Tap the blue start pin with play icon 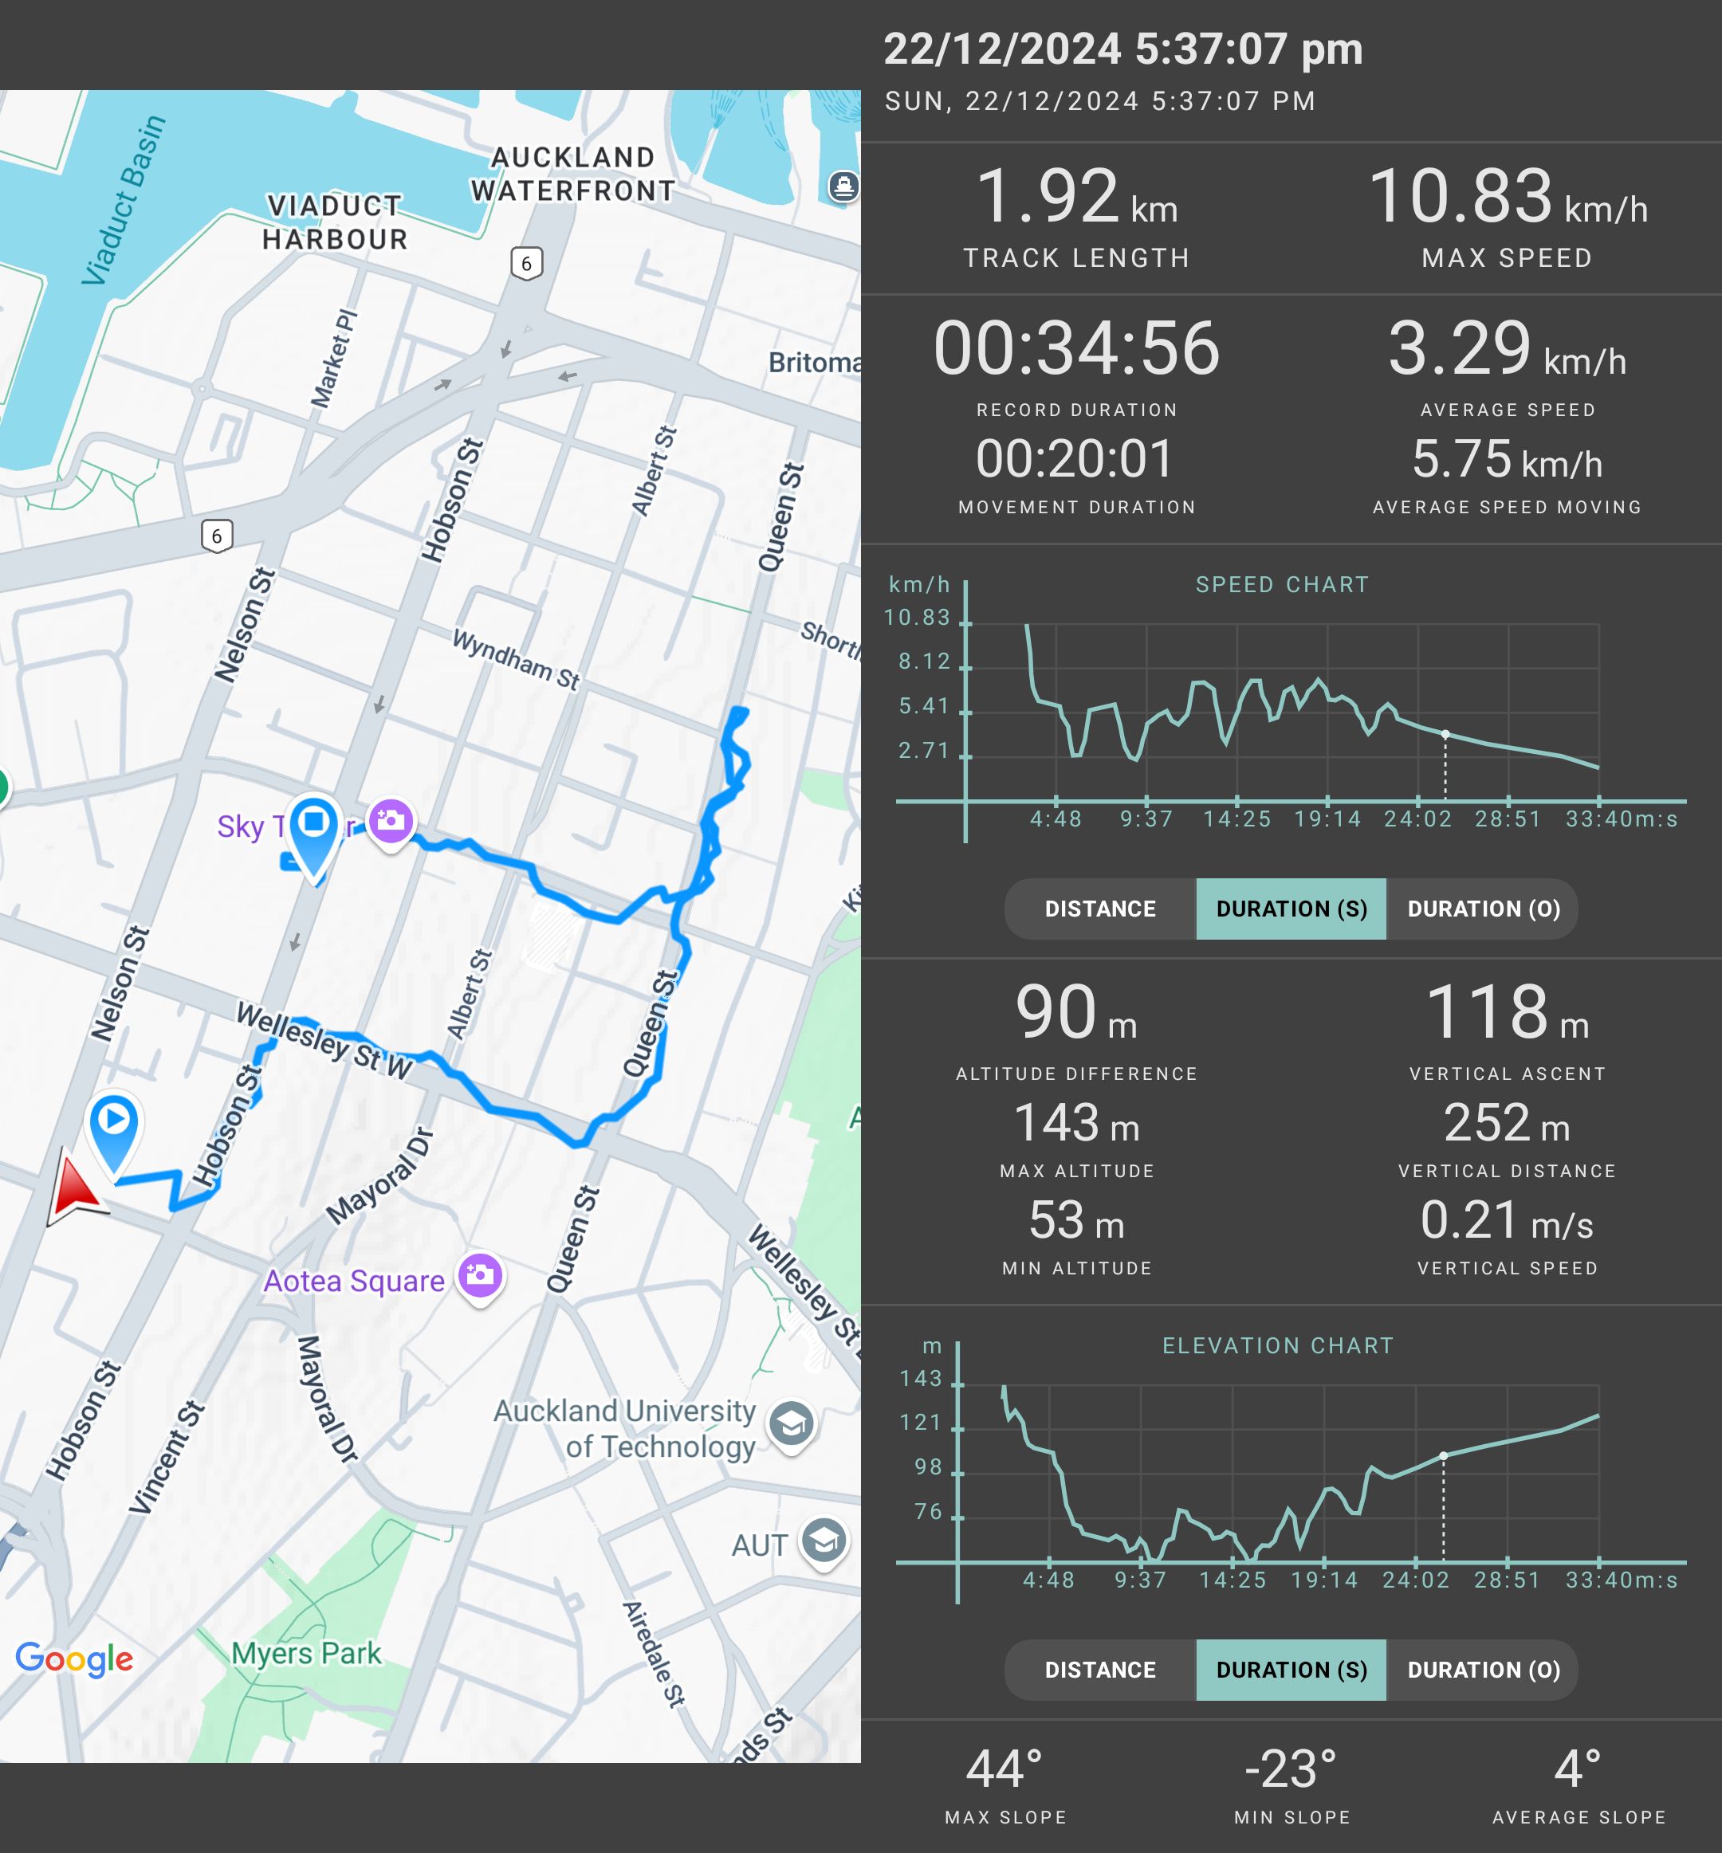pyautogui.click(x=114, y=1124)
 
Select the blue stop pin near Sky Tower pyautogui.click(x=314, y=825)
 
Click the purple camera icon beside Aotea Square pyautogui.click(x=481, y=1274)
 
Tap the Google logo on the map pyautogui.click(x=75, y=1659)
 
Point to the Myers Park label pyautogui.click(x=307, y=1653)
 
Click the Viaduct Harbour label pyautogui.click(x=335, y=222)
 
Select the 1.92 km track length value pyautogui.click(x=1076, y=198)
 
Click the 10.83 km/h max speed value pyautogui.click(x=1507, y=198)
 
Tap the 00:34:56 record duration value pyautogui.click(x=1076, y=348)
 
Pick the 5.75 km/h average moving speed pyautogui.click(x=1507, y=459)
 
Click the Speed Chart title pyautogui.click(x=1282, y=584)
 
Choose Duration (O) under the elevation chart pyautogui.click(x=1483, y=1670)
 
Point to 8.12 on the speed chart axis pyautogui.click(x=923, y=662)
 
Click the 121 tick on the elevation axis pyautogui.click(x=921, y=1422)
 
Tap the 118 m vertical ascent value pyautogui.click(x=1507, y=1013)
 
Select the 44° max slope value pyautogui.click(x=1005, y=1769)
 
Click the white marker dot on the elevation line pyautogui.click(x=1444, y=1455)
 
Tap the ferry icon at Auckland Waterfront pyautogui.click(x=843, y=186)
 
